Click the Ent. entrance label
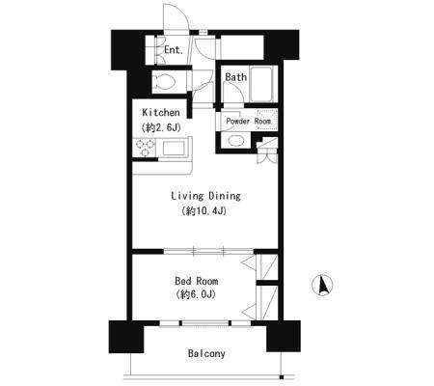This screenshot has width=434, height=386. pyautogui.click(x=174, y=50)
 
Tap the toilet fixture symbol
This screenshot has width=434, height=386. pyautogui.click(x=165, y=82)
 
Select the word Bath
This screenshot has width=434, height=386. pyautogui.click(x=235, y=77)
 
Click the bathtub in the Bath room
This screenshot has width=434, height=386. pyautogui.click(x=263, y=84)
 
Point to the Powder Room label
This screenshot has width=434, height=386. pyautogui.click(x=248, y=122)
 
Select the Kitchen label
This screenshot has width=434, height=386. pyautogui.click(x=161, y=113)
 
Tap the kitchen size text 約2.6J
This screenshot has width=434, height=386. pyautogui.click(x=161, y=127)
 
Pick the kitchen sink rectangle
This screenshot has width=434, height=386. pyautogui.click(x=174, y=149)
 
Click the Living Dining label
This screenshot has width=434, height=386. pyautogui.click(x=205, y=196)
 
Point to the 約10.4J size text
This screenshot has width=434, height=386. pyautogui.click(x=204, y=211)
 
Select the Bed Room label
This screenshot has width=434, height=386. pyautogui.click(x=197, y=281)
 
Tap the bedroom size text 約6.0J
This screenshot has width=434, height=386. pyautogui.click(x=196, y=294)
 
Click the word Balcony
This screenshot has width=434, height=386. pyautogui.click(x=206, y=354)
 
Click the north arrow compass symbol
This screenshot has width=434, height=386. pyautogui.click(x=322, y=285)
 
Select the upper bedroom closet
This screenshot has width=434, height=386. pyautogui.click(x=267, y=267)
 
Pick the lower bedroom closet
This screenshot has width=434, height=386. pyautogui.click(x=267, y=303)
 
